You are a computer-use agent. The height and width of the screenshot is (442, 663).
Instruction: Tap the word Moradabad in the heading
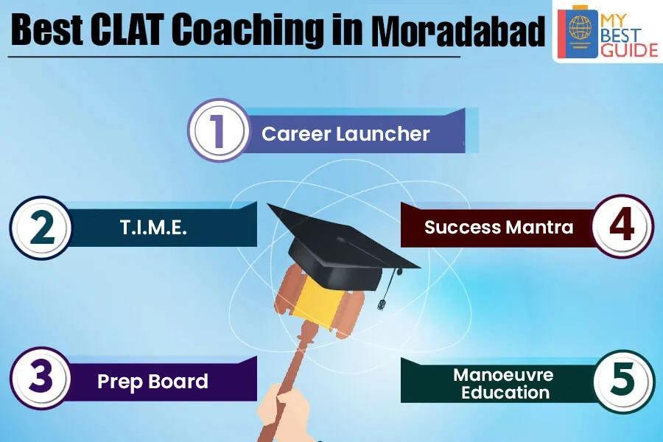click(458, 30)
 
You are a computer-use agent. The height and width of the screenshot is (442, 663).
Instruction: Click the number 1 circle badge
click(219, 130)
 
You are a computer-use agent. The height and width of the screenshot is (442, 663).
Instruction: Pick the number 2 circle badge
click(41, 228)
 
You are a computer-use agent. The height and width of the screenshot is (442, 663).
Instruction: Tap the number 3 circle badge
click(41, 378)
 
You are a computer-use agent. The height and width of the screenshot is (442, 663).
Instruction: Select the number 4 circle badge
click(622, 226)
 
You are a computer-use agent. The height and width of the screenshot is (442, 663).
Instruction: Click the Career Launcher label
click(345, 134)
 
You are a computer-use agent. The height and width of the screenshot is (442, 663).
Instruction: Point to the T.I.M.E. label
click(153, 228)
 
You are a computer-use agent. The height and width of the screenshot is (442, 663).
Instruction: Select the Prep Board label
click(152, 382)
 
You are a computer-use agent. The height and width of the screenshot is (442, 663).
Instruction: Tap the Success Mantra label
click(499, 227)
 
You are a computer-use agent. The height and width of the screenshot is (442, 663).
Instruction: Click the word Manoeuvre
click(503, 375)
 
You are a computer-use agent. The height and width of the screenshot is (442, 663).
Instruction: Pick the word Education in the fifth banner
click(505, 393)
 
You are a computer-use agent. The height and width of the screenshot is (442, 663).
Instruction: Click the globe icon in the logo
click(580, 28)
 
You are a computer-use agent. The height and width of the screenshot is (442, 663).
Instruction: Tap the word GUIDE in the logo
click(630, 50)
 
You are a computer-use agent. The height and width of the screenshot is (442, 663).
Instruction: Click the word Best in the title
click(47, 30)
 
